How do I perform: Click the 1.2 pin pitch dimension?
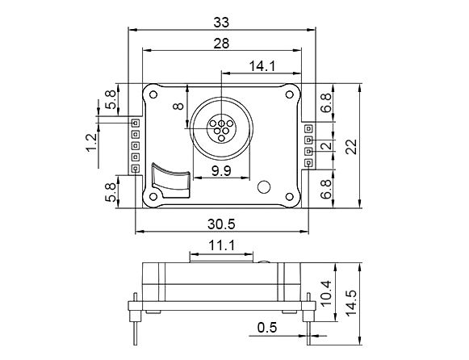click(x=91, y=143)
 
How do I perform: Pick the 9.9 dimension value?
click(x=220, y=170)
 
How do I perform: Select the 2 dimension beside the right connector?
click(x=325, y=146)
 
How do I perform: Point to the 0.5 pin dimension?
click(x=267, y=328)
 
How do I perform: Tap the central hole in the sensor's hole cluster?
click(x=221, y=126)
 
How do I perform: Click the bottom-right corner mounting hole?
click(x=288, y=196)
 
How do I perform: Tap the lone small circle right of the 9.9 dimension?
click(x=264, y=187)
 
